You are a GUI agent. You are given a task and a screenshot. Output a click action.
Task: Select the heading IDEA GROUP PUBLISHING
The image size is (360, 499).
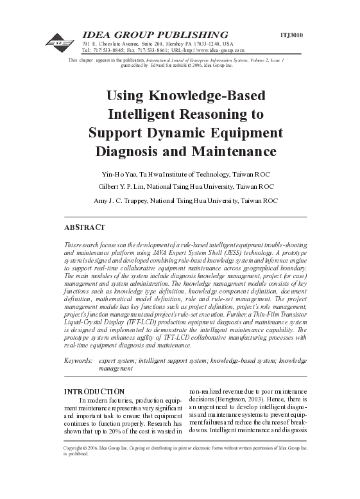(x=155, y=34)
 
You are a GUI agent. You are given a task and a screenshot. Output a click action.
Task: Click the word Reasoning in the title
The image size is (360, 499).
(x=210, y=116)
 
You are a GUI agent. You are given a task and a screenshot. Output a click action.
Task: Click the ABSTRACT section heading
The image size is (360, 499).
(x=85, y=227)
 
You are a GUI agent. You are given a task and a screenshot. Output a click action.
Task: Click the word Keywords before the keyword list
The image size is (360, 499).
(x=79, y=362)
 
